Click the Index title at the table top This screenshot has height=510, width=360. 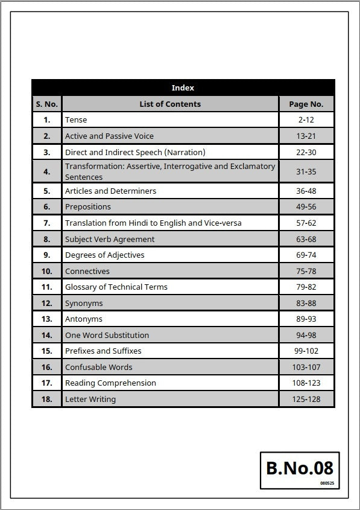click(x=183, y=88)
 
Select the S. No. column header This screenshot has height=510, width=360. click(x=46, y=104)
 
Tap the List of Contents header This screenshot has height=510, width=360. click(x=170, y=104)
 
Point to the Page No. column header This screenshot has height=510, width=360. click(x=306, y=104)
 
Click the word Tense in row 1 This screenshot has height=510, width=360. click(x=76, y=120)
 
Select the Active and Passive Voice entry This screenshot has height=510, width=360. click(x=109, y=136)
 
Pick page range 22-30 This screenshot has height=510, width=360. click(x=306, y=152)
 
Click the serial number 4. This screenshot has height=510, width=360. click(x=46, y=171)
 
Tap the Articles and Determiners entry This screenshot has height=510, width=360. click(x=110, y=191)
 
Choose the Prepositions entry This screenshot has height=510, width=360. click(x=88, y=207)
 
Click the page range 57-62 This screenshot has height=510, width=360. click(x=306, y=223)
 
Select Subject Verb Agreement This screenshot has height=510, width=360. click(x=110, y=239)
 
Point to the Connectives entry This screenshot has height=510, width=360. click(x=87, y=271)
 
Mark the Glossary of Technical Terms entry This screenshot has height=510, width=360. click(x=116, y=287)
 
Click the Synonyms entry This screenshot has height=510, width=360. click(x=84, y=303)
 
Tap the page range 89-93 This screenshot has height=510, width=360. click(x=306, y=319)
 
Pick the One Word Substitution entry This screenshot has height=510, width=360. click(x=107, y=335)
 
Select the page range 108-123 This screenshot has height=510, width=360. click(x=306, y=383)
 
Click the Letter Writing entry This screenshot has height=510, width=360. click(x=90, y=399)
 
